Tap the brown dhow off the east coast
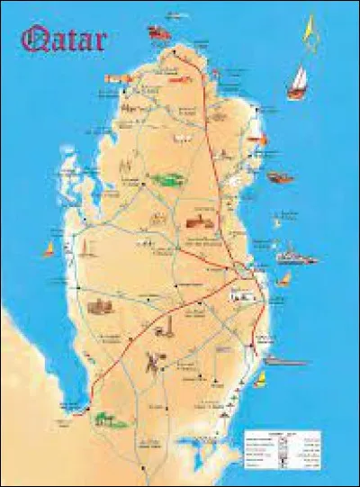[x=280, y=177]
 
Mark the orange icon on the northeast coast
[x=256, y=138]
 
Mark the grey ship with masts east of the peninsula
[x=296, y=255]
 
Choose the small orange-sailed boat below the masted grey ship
[x=285, y=279]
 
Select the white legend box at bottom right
[x=281, y=446]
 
